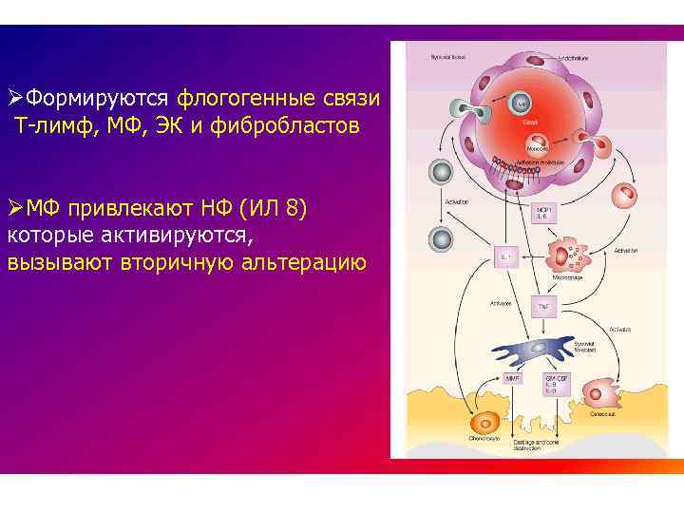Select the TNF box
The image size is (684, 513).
pos(544,307)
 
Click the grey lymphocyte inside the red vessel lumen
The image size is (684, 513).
pos(522,104)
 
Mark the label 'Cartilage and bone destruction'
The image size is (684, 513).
pos(560,446)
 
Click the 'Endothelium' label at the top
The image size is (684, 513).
pos(572,59)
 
